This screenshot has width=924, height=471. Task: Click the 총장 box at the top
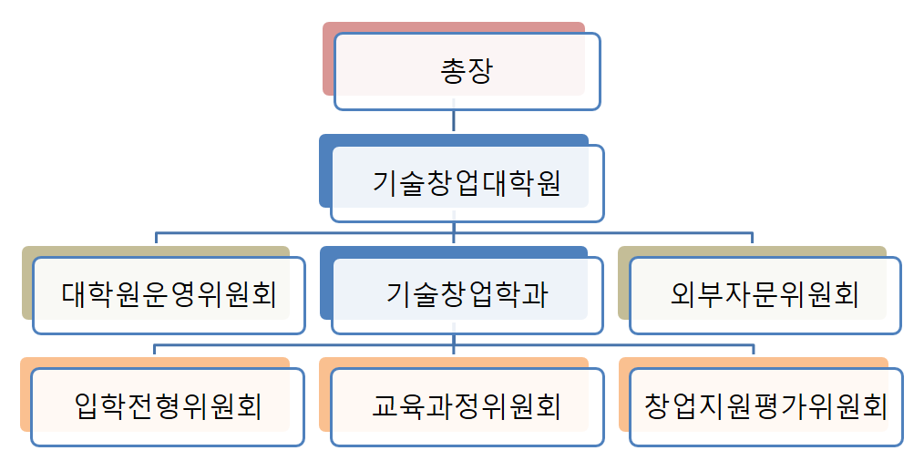click(x=467, y=71)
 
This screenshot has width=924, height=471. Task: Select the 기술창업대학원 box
click(x=467, y=183)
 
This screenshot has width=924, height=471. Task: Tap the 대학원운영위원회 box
click(x=169, y=295)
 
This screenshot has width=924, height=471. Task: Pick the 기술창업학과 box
click(x=467, y=295)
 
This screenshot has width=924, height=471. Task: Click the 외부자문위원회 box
click(x=765, y=295)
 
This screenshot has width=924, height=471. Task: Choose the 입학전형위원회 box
click(x=169, y=406)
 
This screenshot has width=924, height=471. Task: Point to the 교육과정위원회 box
click(x=467, y=406)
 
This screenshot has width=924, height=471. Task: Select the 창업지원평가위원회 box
click(x=765, y=406)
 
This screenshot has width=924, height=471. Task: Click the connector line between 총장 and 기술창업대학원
click(x=454, y=122)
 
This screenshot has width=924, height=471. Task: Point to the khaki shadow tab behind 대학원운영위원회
click(x=27, y=283)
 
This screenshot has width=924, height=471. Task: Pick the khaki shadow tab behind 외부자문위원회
click(x=623, y=283)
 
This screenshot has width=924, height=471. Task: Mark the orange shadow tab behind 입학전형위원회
click(x=25, y=395)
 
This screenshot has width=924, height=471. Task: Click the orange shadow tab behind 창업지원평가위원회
click(x=623, y=395)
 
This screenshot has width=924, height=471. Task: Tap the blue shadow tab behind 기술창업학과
click(x=325, y=283)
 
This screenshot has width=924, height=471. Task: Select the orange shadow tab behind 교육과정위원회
click(x=324, y=395)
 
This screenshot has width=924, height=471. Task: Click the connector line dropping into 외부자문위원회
click(x=753, y=240)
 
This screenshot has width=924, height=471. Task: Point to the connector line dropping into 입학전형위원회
click(x=155, y=351)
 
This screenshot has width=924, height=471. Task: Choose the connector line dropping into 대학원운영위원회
click(x=156, y=240)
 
